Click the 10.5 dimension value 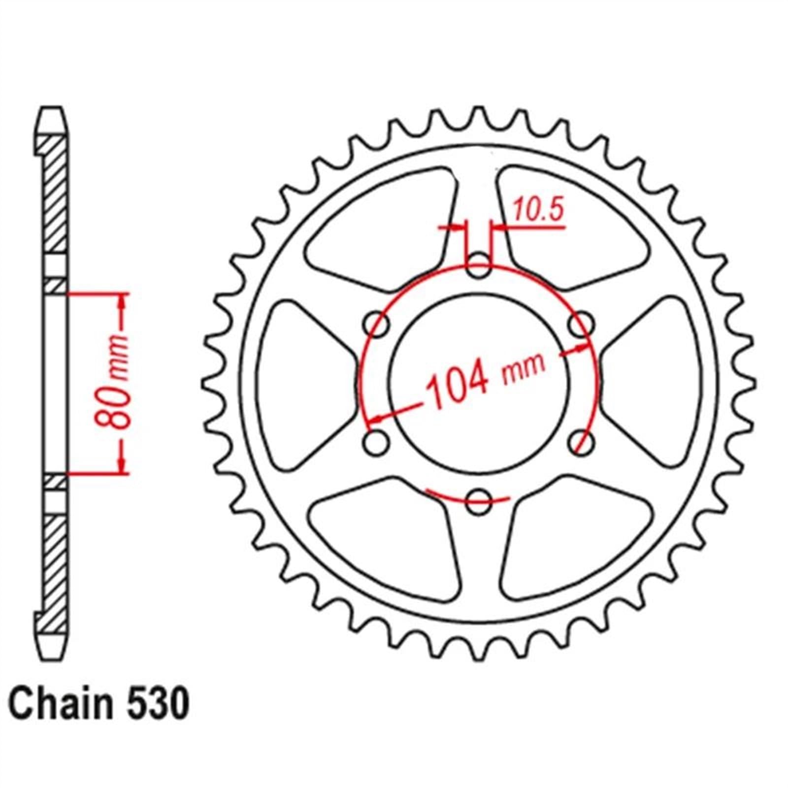(x=538, y=211)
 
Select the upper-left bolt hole (x=377, y=325)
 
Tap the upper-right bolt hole (x=581, y=325)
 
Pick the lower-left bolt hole (x=377, y=443)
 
